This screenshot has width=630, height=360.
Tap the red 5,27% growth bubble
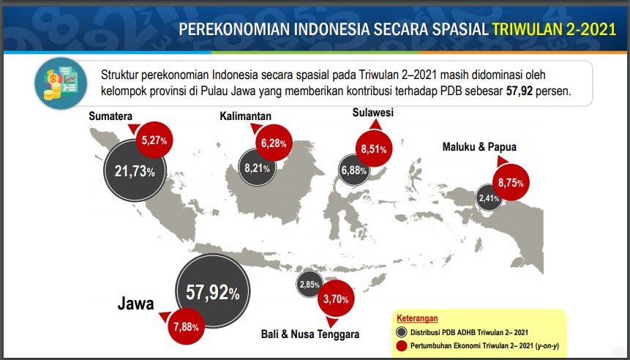tap(154, 139)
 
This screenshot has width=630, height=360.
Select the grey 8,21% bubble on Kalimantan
tap(257, 168)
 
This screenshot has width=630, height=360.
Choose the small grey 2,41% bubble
tap(489, 198)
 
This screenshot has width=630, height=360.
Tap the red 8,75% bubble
tap(510, 182)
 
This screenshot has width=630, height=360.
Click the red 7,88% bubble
tap(186, 326)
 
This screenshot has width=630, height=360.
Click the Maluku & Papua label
tap(479, 147)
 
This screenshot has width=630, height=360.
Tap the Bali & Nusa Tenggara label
tap(310, 334)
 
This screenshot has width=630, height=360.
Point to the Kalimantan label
tap(246, 116)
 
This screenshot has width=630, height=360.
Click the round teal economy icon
tap(59, 82)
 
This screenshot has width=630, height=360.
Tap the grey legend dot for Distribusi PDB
tap(402, 331)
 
